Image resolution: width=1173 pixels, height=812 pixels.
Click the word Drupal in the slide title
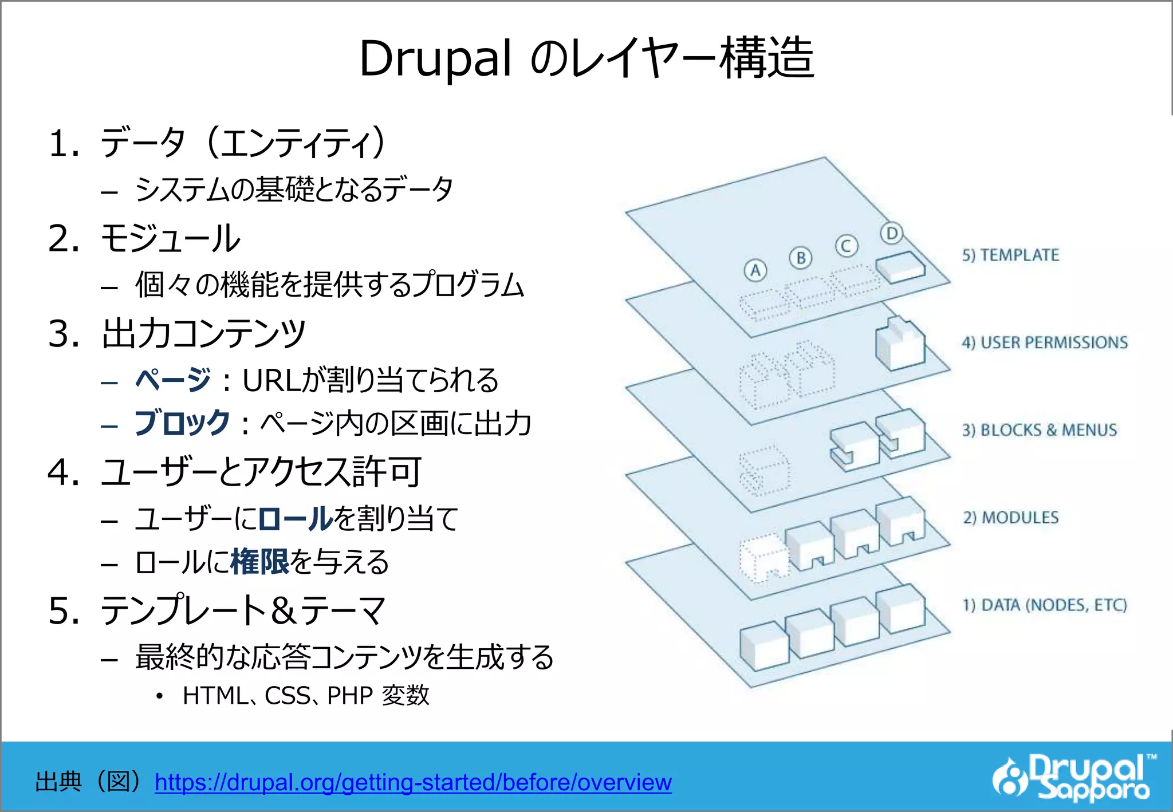pyautogui.click(x=435, y=59)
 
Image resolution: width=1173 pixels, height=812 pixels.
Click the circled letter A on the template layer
pyautogui.click(x=755, y=270)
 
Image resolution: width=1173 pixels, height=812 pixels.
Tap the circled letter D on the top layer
pyautogui.click(x=891, y=233)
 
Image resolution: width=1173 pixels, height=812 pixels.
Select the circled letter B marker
pyautogui.click(x=801, y=258)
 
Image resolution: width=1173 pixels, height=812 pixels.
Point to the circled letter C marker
pyautogui.click(x=846, y=246)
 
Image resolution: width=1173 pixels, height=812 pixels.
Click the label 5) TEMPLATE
pyautogui.click(x=1010, y=255)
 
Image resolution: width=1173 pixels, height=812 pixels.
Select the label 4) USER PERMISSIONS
pyautogui.click(x=1045, y=342)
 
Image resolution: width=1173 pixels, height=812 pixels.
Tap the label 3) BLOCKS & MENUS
pyautogui.click(x=1039, y=430)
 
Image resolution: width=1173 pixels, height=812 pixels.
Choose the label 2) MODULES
pyautogui.click(x=1010, y=518)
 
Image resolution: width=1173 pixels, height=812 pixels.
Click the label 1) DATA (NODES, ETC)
pyautogui.click(x=1045, y=605)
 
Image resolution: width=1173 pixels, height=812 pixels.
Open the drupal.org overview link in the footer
pyautogui.click(x=413, y=782)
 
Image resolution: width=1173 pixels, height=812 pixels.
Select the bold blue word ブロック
pyautogui.click(x=182, y=424)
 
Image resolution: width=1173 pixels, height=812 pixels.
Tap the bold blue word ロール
pyautogui.click(x=296, y=519)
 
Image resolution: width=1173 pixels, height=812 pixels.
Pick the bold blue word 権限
pyautogui.click(x=259, y=562)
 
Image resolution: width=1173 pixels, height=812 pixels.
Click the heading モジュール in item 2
pyautogui.click(x=170, y=239)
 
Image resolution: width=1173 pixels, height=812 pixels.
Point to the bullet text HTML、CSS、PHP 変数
pyautogui.click(x=305, y=696)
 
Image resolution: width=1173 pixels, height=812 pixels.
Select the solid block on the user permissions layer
pyautogui.click(x=900, y=344)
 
